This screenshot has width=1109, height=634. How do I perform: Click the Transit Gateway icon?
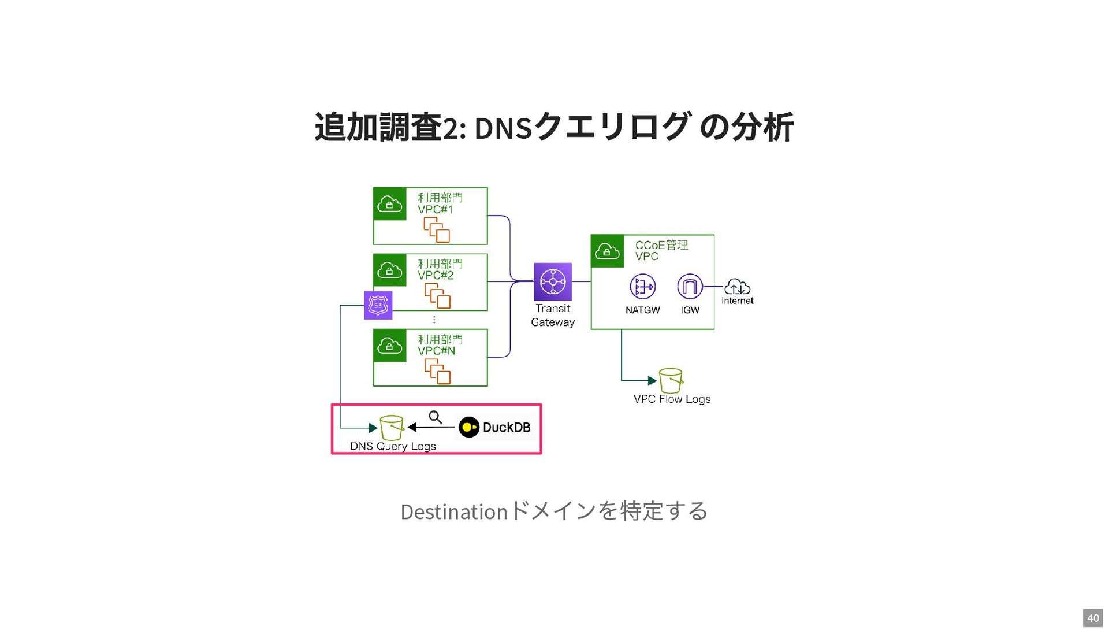(x=552, y=281)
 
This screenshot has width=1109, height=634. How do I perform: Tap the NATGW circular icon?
(x=642, y=287)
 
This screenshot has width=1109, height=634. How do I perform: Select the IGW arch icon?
(x=690, y=287)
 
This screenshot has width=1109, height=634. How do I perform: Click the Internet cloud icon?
(x=737, y=286)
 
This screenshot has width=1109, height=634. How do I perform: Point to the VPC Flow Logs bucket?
(x=671, y=380)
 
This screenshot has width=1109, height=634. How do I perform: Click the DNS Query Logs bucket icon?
(x=391, y=428)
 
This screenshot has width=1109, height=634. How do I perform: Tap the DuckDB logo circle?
(x=469, y=427)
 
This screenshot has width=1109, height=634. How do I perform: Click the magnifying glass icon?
(x=436, y=417)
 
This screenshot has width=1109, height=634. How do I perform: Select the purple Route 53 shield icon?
(x=378, y=305)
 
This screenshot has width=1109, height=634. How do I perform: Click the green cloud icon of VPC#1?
(x=390, y=204)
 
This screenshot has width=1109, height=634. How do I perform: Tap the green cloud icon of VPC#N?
(x=390, y=346)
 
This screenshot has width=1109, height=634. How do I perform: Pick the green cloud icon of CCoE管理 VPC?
(x=607, y=251)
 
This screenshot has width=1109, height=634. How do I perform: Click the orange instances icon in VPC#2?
(x=437, y=295)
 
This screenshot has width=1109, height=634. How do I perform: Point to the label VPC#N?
(x=437, y=351)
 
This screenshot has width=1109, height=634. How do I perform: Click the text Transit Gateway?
(x=553, y=316)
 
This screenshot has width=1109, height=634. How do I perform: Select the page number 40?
(x=1093, y=618)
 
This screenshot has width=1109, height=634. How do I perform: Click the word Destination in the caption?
(x=453, y=512)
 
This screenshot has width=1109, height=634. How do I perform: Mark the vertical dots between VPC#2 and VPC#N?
(x=434, y=320)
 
